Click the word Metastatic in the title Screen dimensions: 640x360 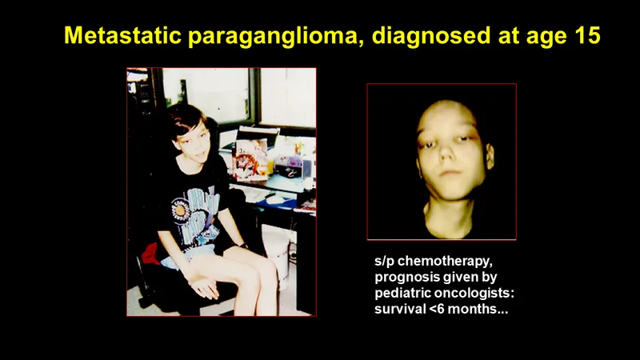tap(122, 35)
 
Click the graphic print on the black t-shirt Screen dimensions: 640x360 tap(194, 216)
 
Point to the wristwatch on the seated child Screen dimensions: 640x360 tap(244, 246)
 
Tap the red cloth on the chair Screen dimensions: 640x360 tap(153, 254)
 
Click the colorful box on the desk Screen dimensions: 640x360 tap(250, 160)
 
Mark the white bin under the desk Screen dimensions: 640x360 tap(277, 253)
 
